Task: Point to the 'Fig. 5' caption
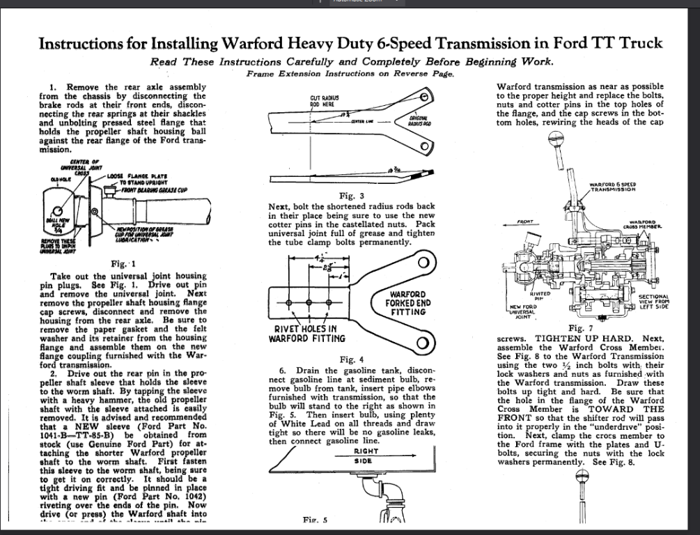pyautogui.click(x=316, y=520)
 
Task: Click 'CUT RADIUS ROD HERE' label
pyautogui.click(x=325, y=101)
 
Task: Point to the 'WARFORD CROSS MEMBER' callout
pyautogui.click(x=644, y=224)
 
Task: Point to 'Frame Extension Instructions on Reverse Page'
pyautogui.click(x=351, y=73)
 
